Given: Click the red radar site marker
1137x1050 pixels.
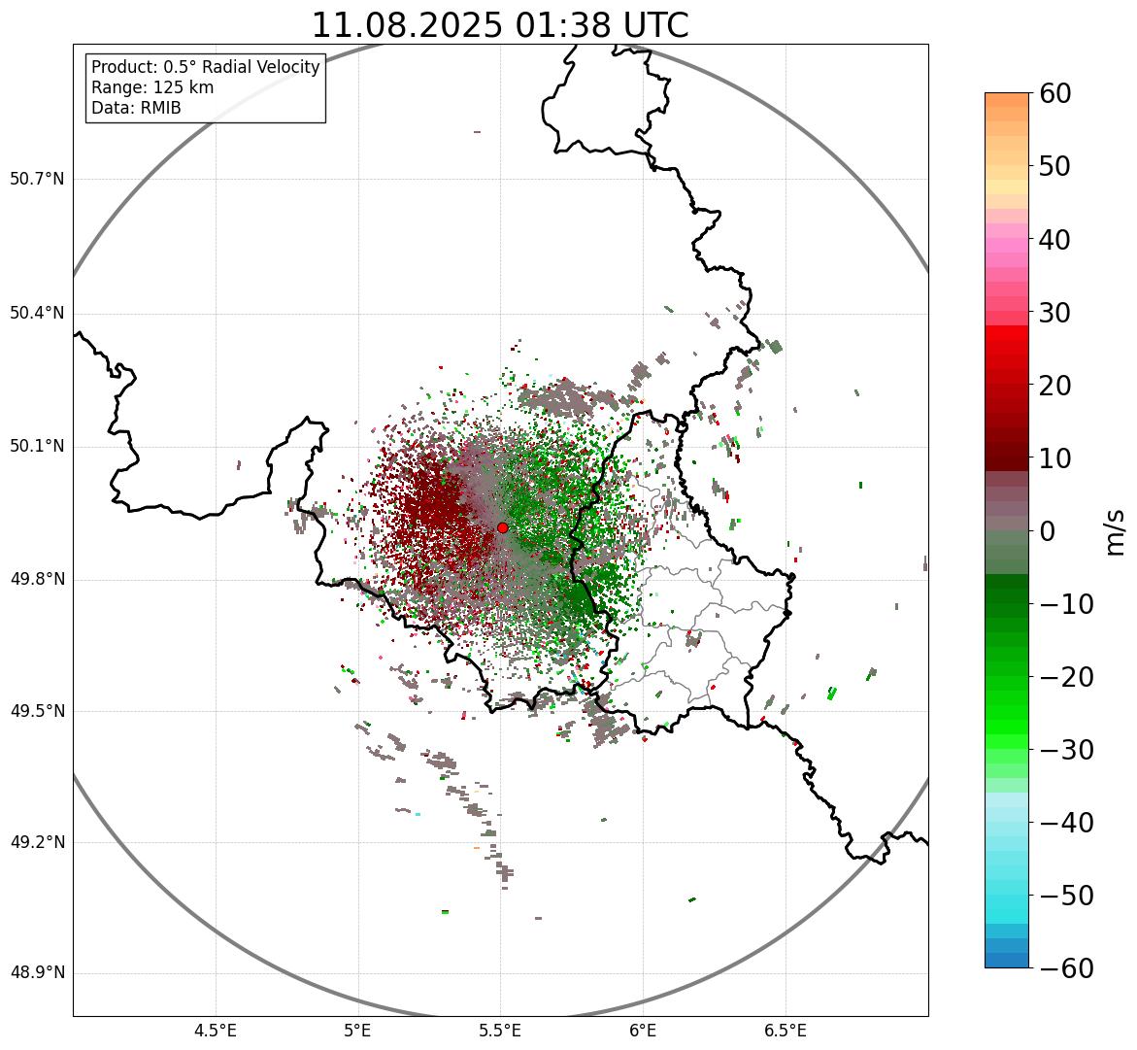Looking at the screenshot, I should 502,527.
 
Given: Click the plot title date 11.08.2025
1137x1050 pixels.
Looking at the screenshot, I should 406,25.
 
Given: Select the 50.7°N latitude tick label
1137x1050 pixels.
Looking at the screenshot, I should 37,179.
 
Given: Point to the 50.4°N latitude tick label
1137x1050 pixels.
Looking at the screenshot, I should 37,313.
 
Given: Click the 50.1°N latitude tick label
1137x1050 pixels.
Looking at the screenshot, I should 37,447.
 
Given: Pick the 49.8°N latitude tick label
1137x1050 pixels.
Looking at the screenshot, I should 37,580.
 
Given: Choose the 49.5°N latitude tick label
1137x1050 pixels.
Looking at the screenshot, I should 37,711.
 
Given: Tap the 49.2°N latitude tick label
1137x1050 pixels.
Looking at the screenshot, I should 37,842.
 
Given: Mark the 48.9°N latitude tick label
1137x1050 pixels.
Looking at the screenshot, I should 37,973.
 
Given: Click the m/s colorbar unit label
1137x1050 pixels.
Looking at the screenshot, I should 1117,531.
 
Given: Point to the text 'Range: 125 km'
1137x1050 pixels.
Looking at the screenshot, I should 152,87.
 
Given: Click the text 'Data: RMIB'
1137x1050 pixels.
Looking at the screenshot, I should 136,108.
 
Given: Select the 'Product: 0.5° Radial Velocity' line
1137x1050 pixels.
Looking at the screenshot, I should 205,67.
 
